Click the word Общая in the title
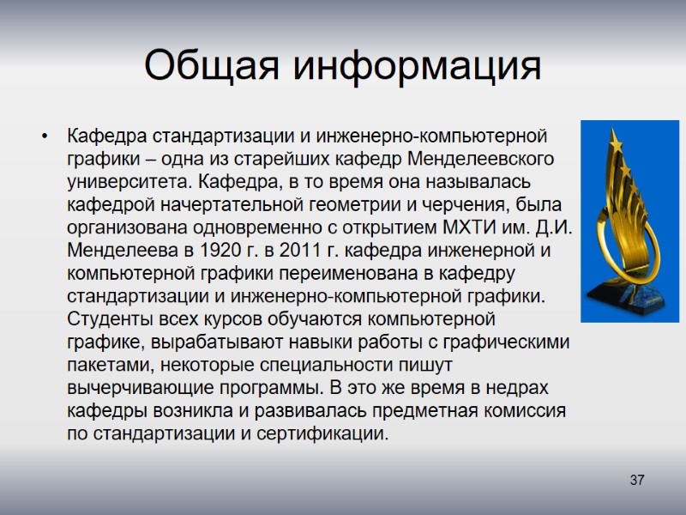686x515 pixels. (207, 65)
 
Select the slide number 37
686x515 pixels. (636, 480)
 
